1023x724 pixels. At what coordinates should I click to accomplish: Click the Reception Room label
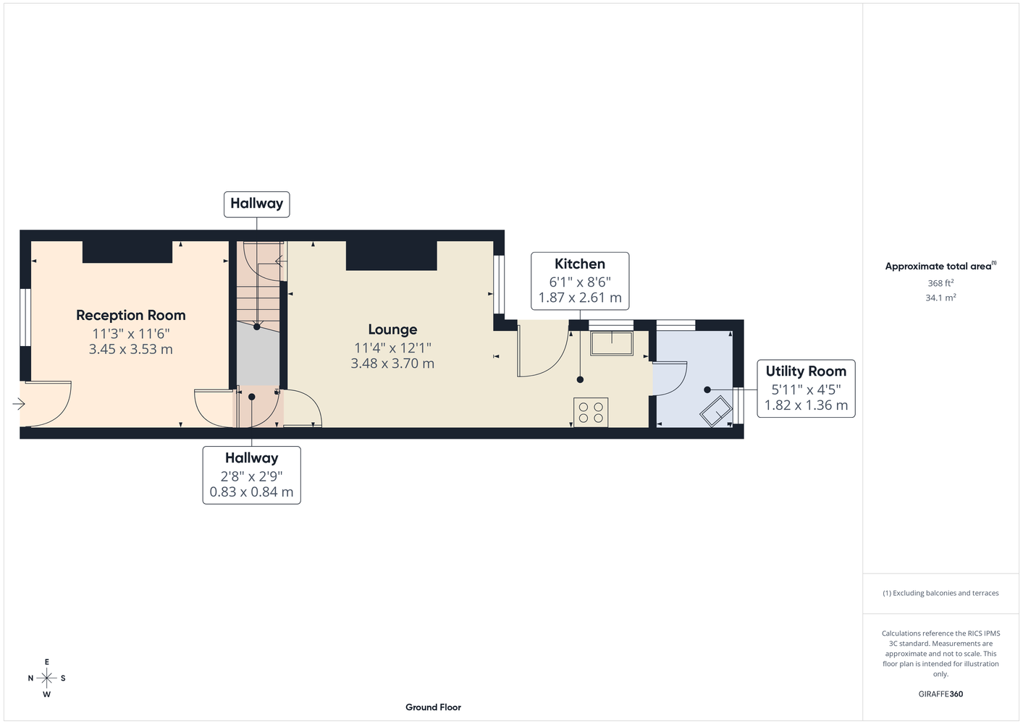(130, 315)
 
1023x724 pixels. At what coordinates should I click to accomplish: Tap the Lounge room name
(392, 329)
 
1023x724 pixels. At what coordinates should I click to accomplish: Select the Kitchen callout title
(579, 264)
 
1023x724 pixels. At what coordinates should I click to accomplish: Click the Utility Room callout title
(806, 371)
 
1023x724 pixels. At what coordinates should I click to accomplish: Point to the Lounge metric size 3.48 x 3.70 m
(392, 363)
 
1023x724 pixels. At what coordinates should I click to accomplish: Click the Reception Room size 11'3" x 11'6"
(130, 334)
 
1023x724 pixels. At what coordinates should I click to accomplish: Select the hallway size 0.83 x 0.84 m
(251, 492)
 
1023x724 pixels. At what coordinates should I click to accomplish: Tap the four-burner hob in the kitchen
(591, 413)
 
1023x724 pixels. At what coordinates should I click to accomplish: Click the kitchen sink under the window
(612, 343)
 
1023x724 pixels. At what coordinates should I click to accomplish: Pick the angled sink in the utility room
(715, 411)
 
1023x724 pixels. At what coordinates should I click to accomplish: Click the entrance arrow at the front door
(18, 404)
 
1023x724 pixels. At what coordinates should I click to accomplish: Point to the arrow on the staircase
(281, 261)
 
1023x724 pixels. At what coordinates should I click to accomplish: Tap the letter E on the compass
(46, 662)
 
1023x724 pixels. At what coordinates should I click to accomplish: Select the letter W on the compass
(46, 694)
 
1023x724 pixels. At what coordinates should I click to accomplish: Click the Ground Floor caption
(433, 707)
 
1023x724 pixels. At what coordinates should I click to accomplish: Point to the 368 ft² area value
(940, 283)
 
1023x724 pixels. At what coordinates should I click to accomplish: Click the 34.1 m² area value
(940, 298)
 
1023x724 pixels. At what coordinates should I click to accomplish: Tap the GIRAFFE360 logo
(940, 694)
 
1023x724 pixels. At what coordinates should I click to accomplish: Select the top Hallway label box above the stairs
(256, 204)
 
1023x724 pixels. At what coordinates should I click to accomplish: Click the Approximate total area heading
(940, 266)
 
